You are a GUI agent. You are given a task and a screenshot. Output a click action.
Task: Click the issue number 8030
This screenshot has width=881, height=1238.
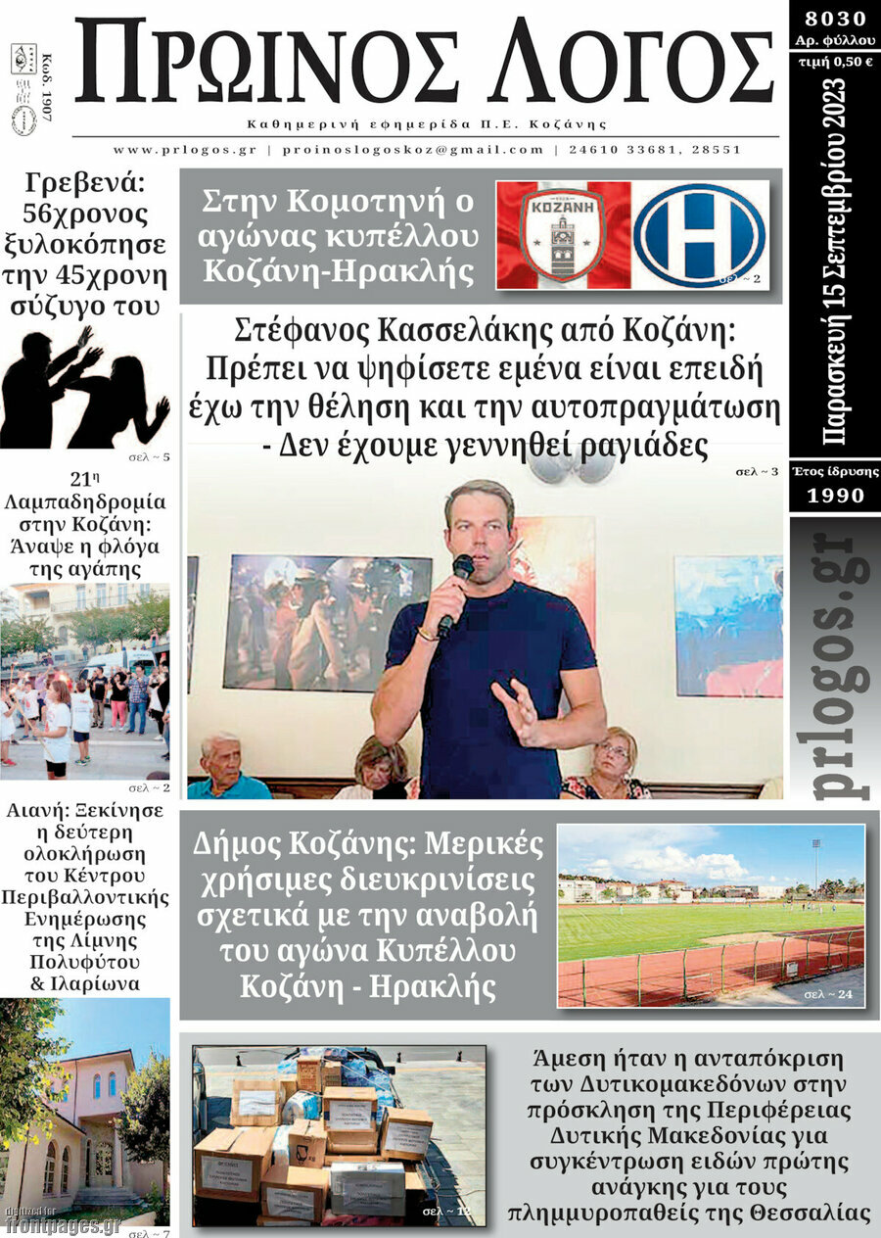tap(834, 19)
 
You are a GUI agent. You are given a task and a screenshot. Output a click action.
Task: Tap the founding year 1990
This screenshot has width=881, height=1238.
tap(835, 496)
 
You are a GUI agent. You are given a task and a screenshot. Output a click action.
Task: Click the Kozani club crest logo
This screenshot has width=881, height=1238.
tap(562, 235)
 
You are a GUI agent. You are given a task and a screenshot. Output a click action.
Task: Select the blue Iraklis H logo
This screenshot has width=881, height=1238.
tap(699, 235)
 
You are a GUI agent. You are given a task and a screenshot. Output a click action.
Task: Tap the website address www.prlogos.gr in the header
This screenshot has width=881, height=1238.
tap(184, 150)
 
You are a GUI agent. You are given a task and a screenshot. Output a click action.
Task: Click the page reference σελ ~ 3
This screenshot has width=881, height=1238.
tap(757, 472)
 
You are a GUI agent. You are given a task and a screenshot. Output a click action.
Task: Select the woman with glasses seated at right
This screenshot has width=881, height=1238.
tap(610, 759)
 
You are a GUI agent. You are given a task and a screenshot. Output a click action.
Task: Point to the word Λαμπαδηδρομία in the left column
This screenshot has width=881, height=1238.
tap(85, 501)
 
